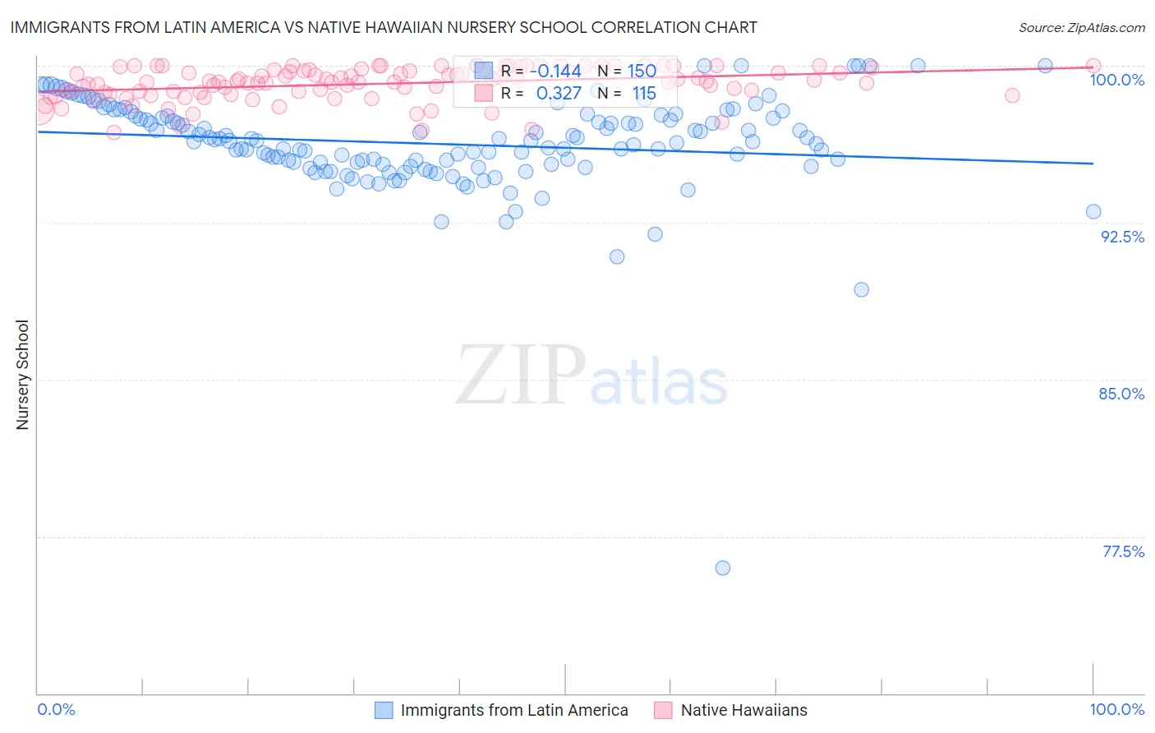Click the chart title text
(384, 27)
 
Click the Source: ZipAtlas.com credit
(1081, 27)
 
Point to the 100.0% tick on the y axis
(1116, 80)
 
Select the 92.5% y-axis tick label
(1122, 237)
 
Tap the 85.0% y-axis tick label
(1121, 394)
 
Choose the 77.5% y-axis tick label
(1123, 551)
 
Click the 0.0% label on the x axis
(57, 709)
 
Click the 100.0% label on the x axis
(1116, 709)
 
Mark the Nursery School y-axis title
(23, 375)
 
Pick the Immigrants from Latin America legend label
(514, 710)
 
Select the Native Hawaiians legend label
(743, 710)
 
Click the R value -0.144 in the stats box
(555, 71)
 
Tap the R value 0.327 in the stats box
(559, 94)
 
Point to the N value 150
(642, 71)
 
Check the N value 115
(644, 94)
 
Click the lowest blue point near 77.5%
(723, 568)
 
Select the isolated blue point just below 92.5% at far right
(1093, 211)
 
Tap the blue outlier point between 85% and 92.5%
(861, 289)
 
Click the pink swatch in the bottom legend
(663, 710)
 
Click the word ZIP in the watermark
(521, 376)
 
